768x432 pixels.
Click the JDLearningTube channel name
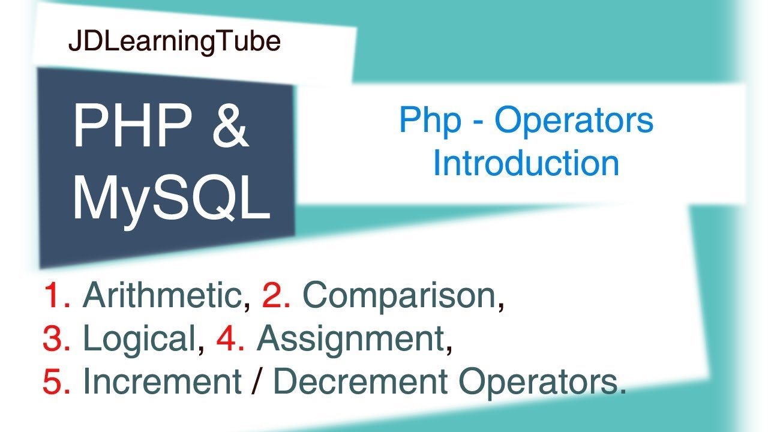175,42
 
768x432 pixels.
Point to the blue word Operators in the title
574,121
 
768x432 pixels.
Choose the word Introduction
526,163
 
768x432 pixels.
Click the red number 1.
56,295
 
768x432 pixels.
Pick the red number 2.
276,295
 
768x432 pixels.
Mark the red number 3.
56,339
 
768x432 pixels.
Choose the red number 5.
56,382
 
